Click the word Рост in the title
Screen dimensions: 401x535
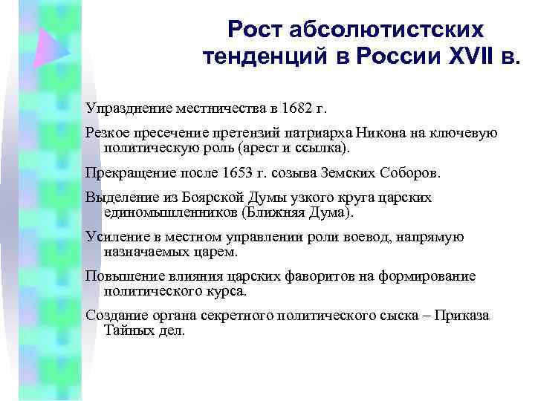pyautogui.click(x=255, y=29)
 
